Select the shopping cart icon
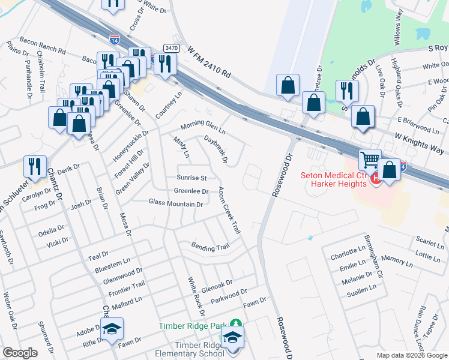click(x=370, y=161)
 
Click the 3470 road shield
click(x=170, y=47)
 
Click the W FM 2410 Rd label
click(x=209, y=64)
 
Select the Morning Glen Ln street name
click(x=203, y=128)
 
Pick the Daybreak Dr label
click(x=216, y=149)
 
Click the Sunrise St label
click(x=191, y=178)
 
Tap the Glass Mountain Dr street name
click(x=175, y=204)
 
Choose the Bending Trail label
click(x=210, y=246)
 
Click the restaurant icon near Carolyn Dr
click(x=35, y=166)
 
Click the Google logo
click(x=20, y=353)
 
